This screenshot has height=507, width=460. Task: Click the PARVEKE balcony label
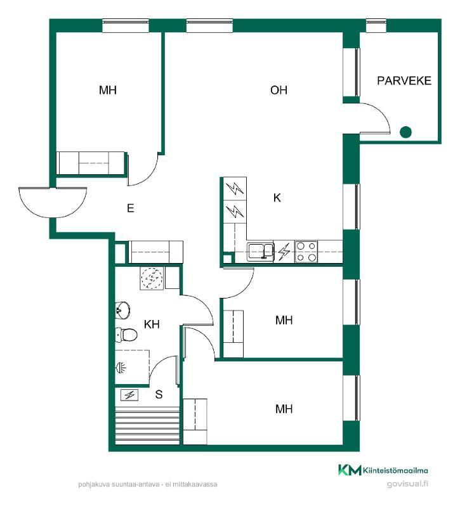404,81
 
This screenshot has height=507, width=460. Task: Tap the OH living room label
279,90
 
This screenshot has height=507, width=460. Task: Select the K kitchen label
277,198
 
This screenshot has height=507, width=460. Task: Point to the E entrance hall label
131,208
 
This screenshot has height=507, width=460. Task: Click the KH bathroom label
152,324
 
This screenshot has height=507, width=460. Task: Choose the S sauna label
159,394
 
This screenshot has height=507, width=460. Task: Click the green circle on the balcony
405,132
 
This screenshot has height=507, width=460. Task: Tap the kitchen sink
261,252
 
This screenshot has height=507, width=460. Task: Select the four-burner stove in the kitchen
306,251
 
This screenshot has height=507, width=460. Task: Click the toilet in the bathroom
126,335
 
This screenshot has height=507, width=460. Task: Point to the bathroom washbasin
122,311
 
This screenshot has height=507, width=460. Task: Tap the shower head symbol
121,368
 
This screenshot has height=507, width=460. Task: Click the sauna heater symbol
129,395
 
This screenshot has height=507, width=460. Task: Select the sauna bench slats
147,425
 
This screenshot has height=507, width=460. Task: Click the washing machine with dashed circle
152,278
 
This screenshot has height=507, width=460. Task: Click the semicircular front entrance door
53,203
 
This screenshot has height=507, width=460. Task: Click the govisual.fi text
407,484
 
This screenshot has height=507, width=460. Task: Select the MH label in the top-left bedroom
107,90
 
